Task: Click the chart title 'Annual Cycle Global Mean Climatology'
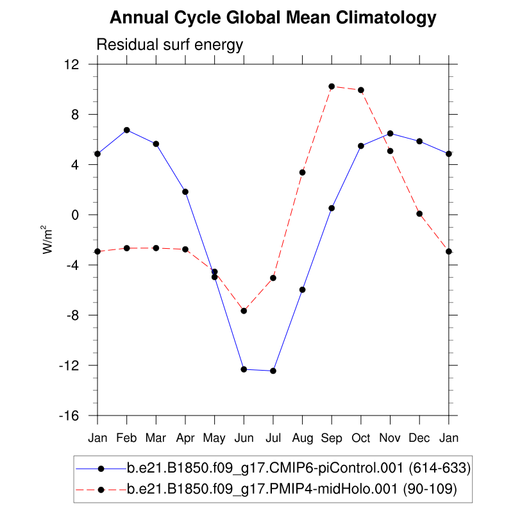coord(273,18)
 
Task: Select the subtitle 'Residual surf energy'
coord(169,45)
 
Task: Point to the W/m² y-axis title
coord(47,240)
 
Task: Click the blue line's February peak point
coord(127,130)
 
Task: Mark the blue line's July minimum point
coord(273,371)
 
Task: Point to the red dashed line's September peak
coord(332,86)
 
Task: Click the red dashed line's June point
coord(244,311)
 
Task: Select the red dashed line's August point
coord(302,172)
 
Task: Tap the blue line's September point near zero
coord(332,208)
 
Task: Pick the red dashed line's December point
coord(419,214)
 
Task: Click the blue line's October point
coord(361,146)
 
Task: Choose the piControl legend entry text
coord(299,469)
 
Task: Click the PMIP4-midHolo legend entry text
coord(292,490)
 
